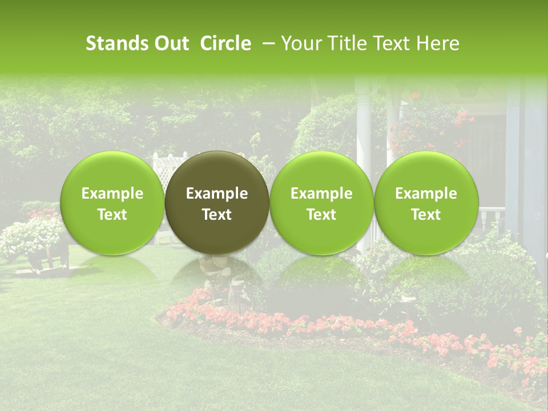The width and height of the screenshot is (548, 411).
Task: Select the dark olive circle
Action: [x=217, y=203]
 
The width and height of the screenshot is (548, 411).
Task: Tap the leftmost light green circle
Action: [x=112, y=203]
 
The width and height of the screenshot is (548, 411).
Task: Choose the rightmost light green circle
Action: [x=426, y=203]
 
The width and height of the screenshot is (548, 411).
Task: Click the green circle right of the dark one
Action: [x=321, y=203]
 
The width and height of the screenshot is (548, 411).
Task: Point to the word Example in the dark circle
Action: [x=217, y=194]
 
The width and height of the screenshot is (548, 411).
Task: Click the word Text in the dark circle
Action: [x=217, y=215]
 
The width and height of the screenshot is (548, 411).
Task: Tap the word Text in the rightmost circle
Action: [x=426, y=215]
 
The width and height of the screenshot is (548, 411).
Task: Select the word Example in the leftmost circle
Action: [x=112, y=194]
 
